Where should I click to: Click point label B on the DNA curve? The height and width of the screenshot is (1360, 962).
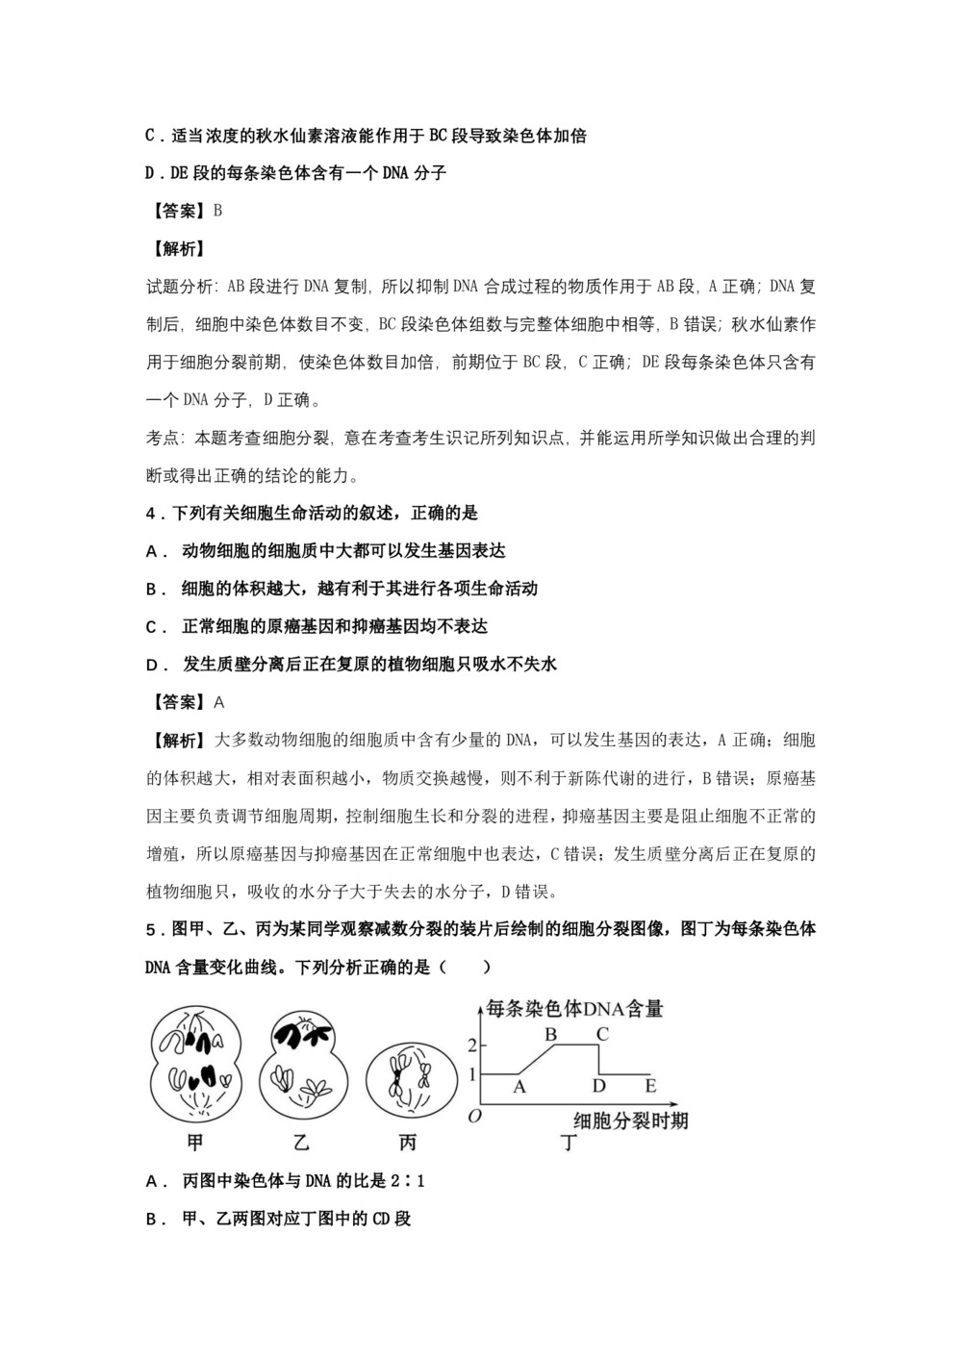551,1035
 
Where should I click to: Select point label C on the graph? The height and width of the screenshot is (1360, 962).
602,1035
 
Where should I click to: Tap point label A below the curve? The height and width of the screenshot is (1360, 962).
519,1086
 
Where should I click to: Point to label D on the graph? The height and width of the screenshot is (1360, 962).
599,1086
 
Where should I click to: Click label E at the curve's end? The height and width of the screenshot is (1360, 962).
650,1086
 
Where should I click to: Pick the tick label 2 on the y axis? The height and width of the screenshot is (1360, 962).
471,1045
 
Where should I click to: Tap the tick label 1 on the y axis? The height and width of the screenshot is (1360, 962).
471,1073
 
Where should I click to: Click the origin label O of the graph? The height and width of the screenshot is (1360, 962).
473,1116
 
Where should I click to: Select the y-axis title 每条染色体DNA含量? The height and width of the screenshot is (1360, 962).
575,1008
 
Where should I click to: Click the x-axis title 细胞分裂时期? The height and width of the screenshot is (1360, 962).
630,1121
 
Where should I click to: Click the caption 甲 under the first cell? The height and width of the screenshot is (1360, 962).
195,1143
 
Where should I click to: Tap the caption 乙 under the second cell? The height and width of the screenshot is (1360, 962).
301,1143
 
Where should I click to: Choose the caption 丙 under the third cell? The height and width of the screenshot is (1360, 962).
407,1143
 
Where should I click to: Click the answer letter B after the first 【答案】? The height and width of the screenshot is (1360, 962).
217,211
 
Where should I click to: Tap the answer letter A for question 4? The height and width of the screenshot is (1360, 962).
218,702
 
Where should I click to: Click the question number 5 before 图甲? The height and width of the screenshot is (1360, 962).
150,930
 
